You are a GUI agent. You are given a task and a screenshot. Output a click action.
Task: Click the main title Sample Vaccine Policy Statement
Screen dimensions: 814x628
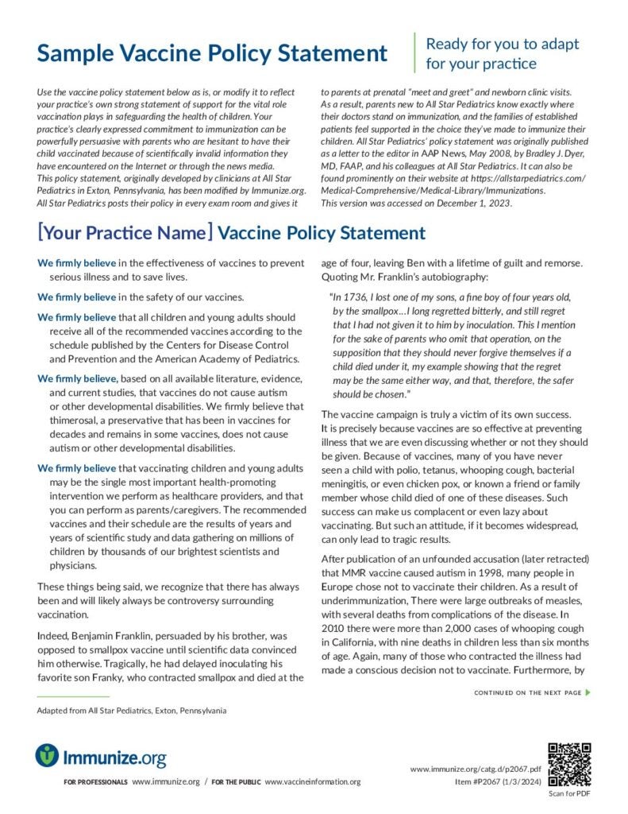click(213, 54)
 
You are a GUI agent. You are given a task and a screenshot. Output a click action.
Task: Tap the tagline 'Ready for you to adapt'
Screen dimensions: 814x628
click(503, 44)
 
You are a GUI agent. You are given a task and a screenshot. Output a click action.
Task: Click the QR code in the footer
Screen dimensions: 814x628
click(569, 764)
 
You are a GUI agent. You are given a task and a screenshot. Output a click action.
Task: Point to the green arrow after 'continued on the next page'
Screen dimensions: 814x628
click(588, 692)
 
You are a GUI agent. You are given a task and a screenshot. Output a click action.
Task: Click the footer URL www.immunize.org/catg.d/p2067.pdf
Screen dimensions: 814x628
click(476, 769)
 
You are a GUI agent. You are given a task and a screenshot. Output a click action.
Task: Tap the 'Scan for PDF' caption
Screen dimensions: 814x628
click(569, 793)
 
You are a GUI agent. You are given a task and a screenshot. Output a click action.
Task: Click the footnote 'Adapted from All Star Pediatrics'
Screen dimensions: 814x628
click(131, 710)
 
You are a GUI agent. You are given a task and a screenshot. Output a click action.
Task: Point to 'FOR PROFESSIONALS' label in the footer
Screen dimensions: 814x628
click(95, 782)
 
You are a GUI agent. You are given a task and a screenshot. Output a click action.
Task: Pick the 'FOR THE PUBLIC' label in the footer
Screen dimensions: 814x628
click(236, 782)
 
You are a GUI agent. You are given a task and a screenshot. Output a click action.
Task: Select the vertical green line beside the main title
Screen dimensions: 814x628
click(414, 53)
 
